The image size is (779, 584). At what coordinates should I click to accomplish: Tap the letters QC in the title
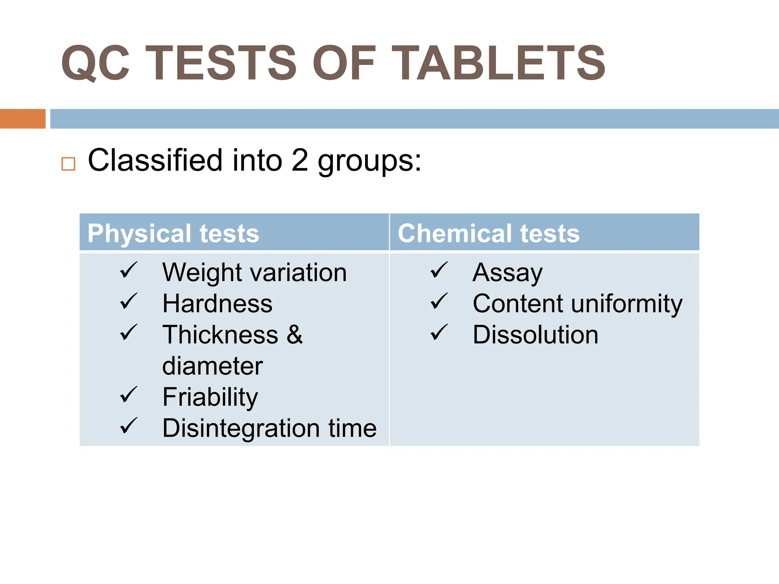point(95,63)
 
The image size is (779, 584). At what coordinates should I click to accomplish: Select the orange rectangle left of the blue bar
point(22,119)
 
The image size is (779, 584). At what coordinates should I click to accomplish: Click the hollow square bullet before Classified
point(68,164)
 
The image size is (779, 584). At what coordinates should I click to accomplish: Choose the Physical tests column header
point(173,233)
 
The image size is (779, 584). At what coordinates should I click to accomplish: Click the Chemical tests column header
point(488,233)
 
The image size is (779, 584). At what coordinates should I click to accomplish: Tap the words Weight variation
point(254,273)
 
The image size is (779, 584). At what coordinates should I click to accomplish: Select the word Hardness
point(217,304)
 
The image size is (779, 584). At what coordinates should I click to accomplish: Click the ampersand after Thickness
point(295,335)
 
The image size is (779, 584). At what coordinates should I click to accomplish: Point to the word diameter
point(212,366)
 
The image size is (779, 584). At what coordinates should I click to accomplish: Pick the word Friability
point(210,397)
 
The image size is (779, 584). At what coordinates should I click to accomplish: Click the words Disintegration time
point(269,428)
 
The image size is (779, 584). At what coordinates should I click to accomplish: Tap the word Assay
point(507,273)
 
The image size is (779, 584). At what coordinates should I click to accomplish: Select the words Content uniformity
point(577,304)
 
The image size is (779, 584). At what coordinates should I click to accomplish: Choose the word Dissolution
point(535,335)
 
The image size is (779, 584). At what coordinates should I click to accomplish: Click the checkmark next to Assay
point(439,270)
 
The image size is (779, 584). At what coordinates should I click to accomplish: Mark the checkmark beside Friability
point(129,395)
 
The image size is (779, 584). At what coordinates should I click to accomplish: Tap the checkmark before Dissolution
point(439,332)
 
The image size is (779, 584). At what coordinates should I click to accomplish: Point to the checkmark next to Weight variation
point(129,270)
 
